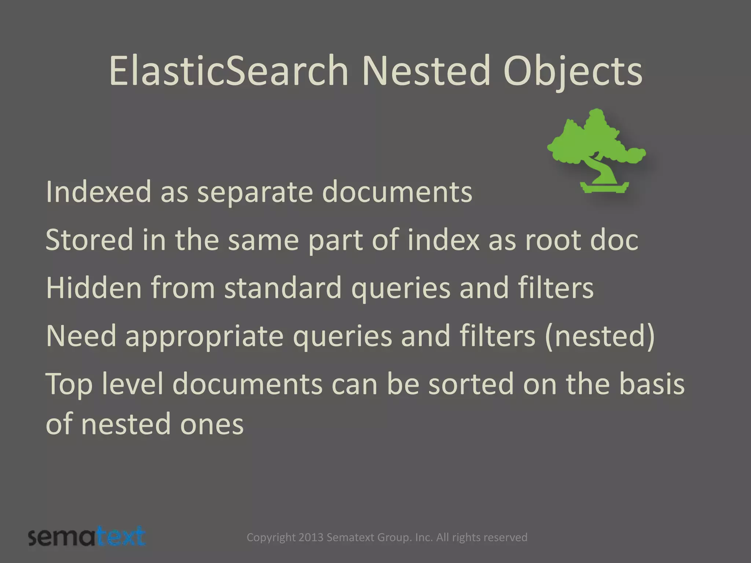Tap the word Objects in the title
573,71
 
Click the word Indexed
98,192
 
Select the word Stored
89,240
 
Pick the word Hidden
94,288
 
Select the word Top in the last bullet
69,384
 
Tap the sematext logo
87,537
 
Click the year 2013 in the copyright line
311,537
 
